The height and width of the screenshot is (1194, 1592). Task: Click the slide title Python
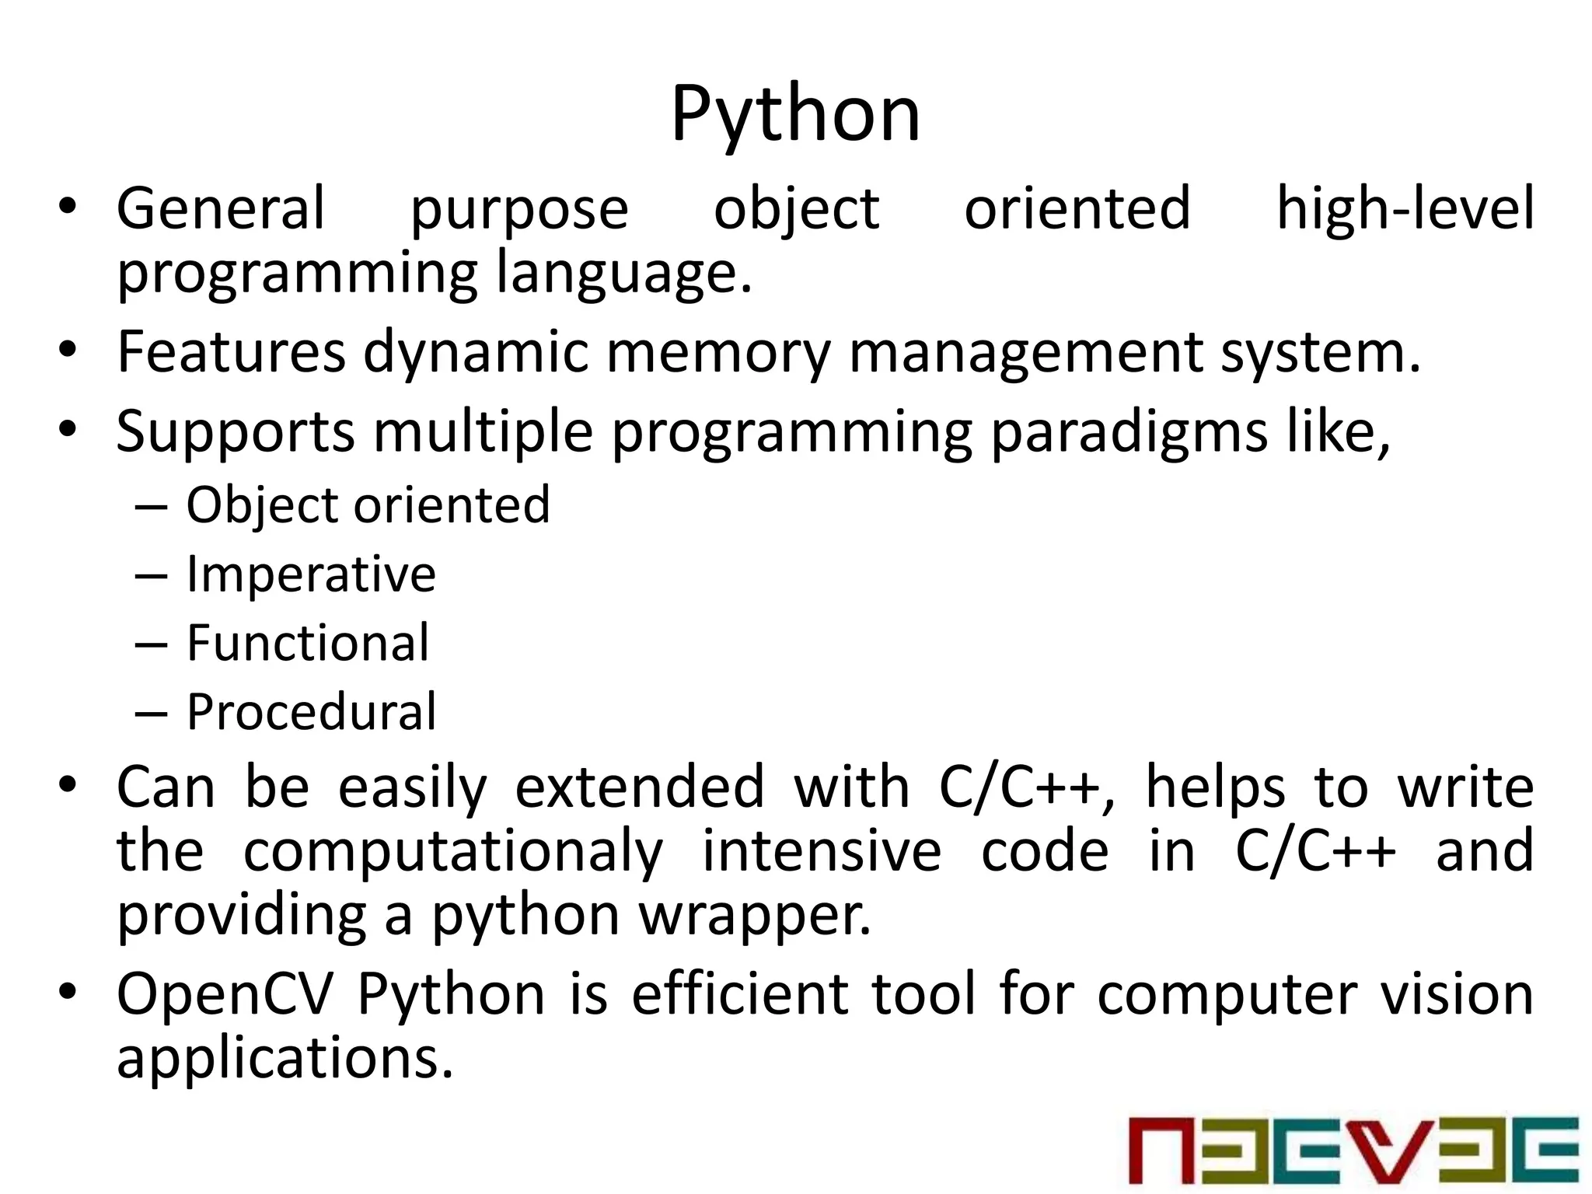795,115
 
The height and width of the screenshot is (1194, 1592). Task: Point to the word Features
231,352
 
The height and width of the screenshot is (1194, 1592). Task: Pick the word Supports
236,431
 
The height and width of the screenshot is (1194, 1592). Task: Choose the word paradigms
1129,431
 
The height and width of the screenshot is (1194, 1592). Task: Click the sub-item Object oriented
368,505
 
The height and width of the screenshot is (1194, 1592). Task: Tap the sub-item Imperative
311,574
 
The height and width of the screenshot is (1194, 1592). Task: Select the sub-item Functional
308,643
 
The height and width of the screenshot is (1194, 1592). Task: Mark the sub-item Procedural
311,712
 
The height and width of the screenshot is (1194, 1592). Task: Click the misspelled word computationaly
453,852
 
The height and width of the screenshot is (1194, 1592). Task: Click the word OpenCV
225,994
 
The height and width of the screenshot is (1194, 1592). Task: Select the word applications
285,1060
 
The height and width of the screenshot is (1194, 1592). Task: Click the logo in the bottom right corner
1353,1150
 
